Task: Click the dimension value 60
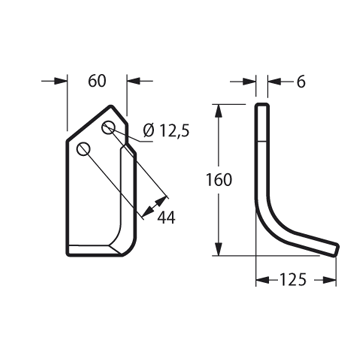pyautogui.click(x=97, y=81)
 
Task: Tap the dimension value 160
pyautogui.click(x=219, y=180)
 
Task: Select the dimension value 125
pyautogui.click(x=292, y=280)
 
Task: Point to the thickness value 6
pyautogui.click(x=301, y=82)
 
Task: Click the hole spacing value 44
pyautogui.click(x=166, y=218)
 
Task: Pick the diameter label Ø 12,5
pyautogui.click(x=166, y=131)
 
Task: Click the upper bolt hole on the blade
pyautogui.click(x=108, y=128)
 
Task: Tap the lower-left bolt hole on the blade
pyautogui.click(x=83, y=149)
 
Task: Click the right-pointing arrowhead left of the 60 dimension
pyautogui.click(x=61, y=81)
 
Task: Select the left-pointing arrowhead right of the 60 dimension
pyautogui.click(x=133, y=81)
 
